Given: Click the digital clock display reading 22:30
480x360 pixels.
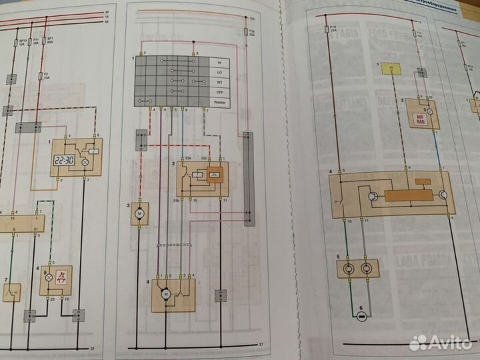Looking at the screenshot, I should pyautogui.click(x=65, y=161).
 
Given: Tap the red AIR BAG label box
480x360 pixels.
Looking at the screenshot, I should pyautogui.click(x=417, y=121).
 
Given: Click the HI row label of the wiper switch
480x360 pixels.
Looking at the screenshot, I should pyautogui.click(x=218, y=60).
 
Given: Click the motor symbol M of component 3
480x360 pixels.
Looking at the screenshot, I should pyautogui.click(x=139, y=213).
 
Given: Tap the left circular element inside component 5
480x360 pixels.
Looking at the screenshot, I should pyautogui.click(x=347, y=269).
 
